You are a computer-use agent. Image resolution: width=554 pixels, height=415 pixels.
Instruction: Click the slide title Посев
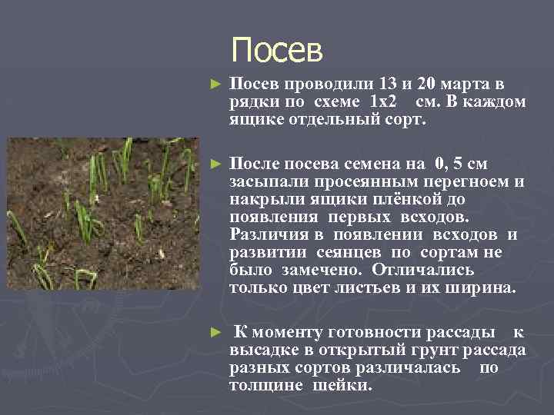click(x=277, y=51)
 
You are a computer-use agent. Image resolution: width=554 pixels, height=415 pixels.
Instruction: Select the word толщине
click(x=267, y=385)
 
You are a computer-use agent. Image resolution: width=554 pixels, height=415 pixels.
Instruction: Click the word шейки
click(x=342, y=385)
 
